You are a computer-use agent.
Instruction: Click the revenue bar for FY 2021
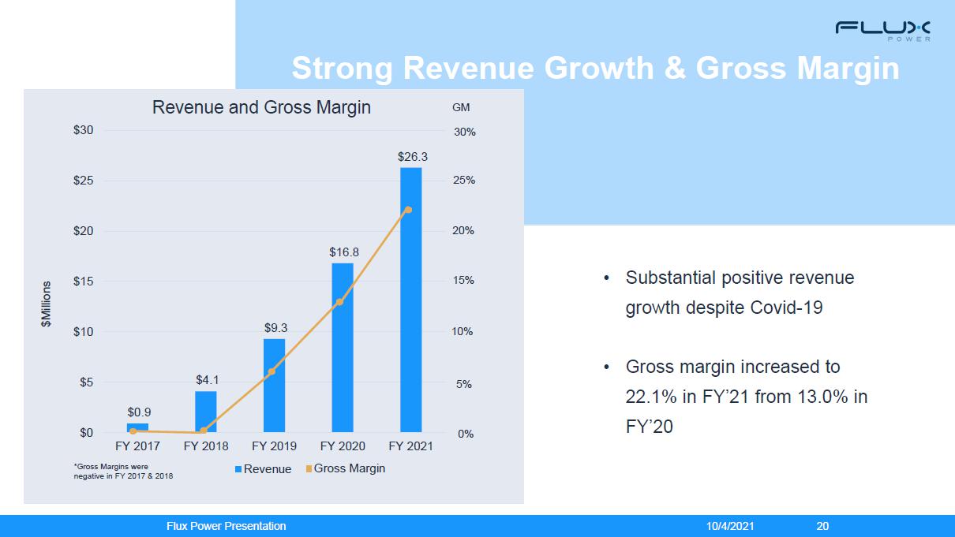click(x=410, y=300)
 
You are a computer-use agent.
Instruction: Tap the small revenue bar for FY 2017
click(x=137, y=427)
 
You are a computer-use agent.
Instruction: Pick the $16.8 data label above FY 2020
click(x=344, y=252)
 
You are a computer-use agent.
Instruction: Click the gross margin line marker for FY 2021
click(x=408, y=210)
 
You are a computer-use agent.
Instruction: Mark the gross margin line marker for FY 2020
click(x=340, y=302)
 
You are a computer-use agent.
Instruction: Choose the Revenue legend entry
click(x=263, y=469)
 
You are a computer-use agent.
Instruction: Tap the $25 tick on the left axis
click(x=83, y=181)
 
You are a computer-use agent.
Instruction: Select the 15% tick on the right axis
click(x=463, y=281)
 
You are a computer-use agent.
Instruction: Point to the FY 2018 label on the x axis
click(x=205, y=446)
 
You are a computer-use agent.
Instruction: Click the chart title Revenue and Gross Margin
click(x=261, y=107)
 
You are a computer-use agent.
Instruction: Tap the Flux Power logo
click(x=884, y=31)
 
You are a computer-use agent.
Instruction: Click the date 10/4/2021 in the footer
click(x=730, y=526)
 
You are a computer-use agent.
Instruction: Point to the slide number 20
click(x=822, y=526)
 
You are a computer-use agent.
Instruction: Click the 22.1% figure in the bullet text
click(x=650, y=397)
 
